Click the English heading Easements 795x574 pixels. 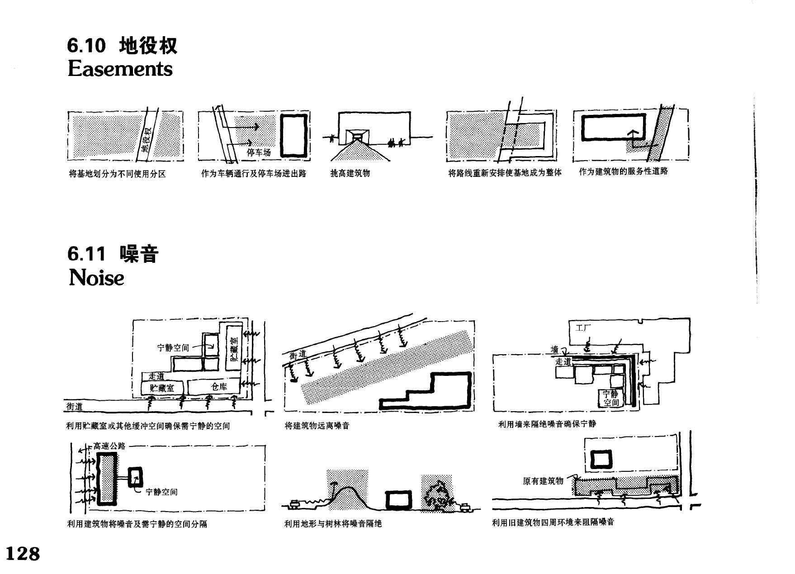[120, 69]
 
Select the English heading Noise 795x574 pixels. [96, 277]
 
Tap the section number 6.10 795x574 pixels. [87, 46]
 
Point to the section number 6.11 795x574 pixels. [86, 254]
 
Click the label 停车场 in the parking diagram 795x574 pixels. [259, 152]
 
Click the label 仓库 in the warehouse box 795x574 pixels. [219, 387]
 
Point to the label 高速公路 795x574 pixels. [109, 446]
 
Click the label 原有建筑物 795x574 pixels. [543, 481]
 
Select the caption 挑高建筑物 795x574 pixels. [350, 173]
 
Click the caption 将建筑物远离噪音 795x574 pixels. [317, 426]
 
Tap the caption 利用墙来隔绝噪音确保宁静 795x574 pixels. [547, 424]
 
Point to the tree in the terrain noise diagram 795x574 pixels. [438, 496]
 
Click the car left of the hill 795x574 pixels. [295, 503]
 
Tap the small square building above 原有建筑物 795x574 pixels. [602, 460]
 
